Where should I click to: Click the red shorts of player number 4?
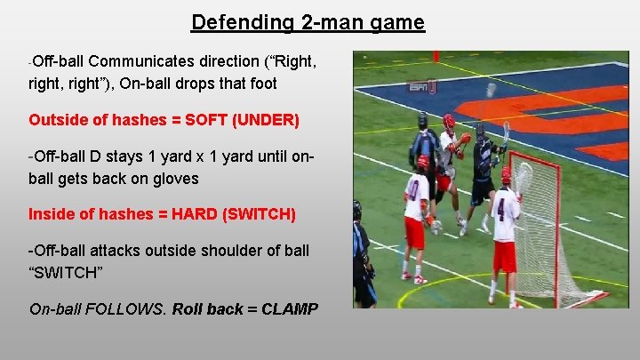[504, 257]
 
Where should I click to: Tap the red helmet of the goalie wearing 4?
[506, 174]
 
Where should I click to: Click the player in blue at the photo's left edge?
[360, 253]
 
